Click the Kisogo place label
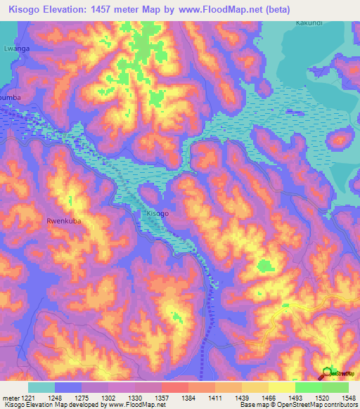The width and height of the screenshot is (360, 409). coord(157,212)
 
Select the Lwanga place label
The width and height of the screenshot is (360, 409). coord(15,50)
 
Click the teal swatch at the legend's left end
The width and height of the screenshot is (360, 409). coord(41,387)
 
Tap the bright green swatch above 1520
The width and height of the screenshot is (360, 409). coord(308,387)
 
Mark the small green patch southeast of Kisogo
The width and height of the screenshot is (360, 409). coord(265,266)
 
